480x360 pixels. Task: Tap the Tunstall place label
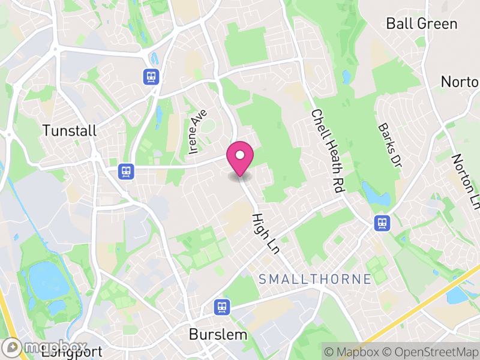pyautogui.click(x=70, y=131)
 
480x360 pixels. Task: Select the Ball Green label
pyautogui.click(x=422, y=24)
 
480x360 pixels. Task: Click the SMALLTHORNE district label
pyautogui.click(x=315, y=278)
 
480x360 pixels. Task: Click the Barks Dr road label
pyautogui.click(x=388, y=147)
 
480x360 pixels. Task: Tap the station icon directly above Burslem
pyautogui.click(x=222, y=307)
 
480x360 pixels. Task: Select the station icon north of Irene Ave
pyautogui.click(x=151, y=76)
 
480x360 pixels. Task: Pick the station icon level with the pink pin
pyautogui.click(x=126, y=171)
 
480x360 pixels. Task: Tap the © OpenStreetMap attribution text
pyautogui.click(x=431, y=352)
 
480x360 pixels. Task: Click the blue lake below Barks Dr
pyautogui.click(x=374, y=193)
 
